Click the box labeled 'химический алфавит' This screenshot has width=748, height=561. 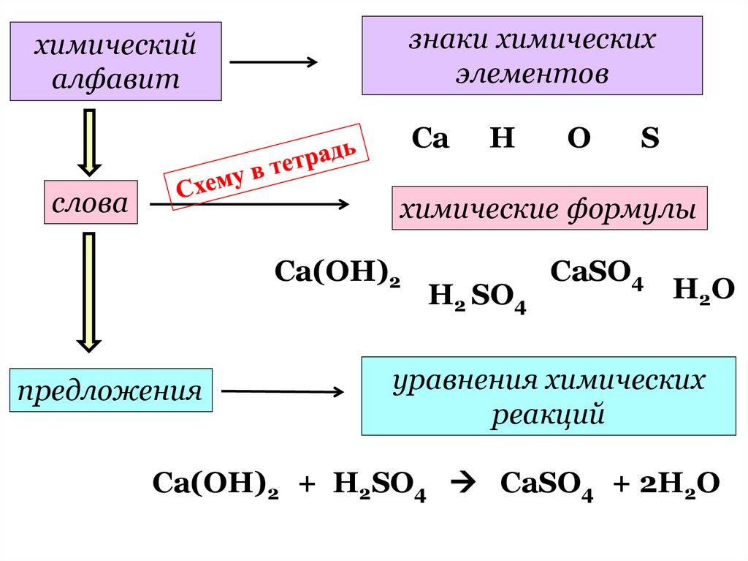point(115,61)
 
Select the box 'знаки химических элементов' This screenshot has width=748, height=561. point(532,56)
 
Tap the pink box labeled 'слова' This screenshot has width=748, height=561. point(91,203)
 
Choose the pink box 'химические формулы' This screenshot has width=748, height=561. point(549,208)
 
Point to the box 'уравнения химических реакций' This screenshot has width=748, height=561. point(549,396)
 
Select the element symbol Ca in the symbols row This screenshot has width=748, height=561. point(430,139)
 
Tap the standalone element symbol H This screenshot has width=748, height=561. point(502,139)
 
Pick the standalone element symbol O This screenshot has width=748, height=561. point(578,139)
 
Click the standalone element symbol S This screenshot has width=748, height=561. point(650,139)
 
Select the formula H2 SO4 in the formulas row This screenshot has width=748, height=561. point(477,296)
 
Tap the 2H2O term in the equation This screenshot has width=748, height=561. point(679,484)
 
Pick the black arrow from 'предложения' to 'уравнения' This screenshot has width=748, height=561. point(282,392)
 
